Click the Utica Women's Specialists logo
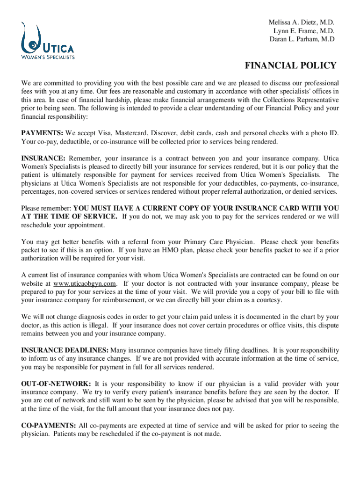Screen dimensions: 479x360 pos(47,41)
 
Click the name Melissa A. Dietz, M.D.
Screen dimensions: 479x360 pos(302,22)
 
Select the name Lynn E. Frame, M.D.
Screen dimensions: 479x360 pos(304,31)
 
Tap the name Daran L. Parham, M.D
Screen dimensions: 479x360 pos(302,39)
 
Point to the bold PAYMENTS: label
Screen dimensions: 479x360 pos(43,133)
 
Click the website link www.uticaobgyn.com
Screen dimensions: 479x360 pos(84,283)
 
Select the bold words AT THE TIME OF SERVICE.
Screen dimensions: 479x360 pos(70,216)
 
